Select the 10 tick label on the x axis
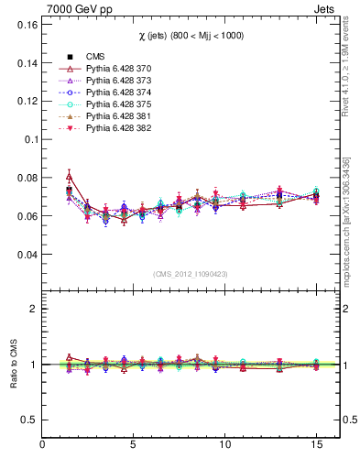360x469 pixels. (224, 445)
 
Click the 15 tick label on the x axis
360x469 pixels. (315, 445)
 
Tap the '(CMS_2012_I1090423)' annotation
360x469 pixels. (190, 273)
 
